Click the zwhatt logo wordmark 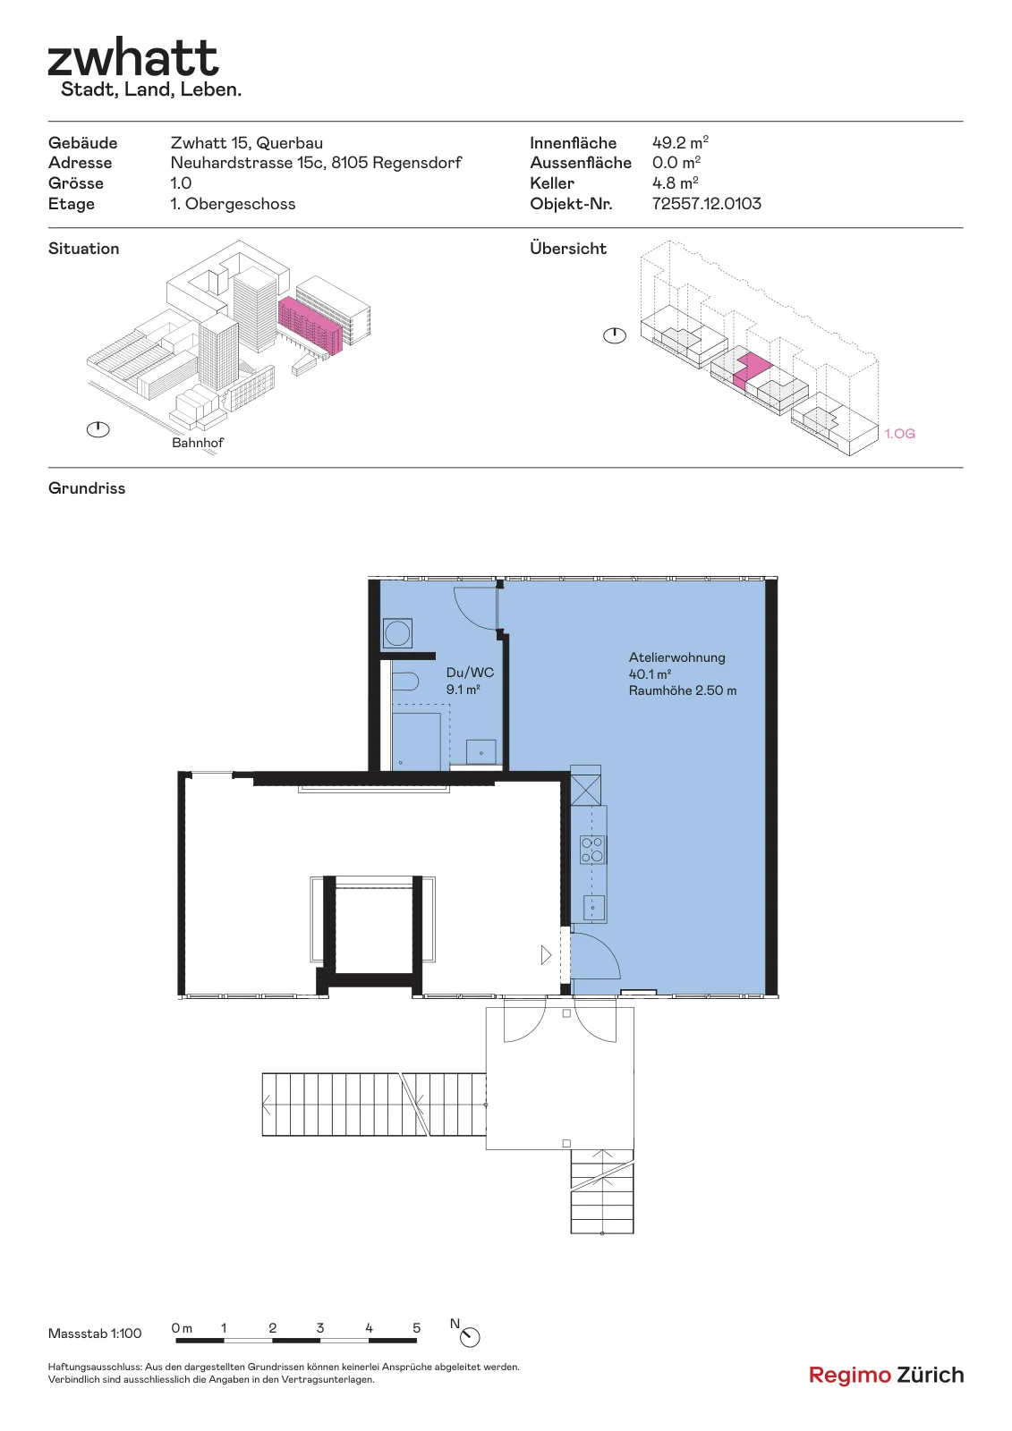pyautogui.click(x=133, y=58)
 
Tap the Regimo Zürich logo pyautogui.click(x=886, y=1375)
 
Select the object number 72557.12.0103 pyautogui.click(x=706, y=204)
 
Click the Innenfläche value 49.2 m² pyautogui.click(x=680, y=142)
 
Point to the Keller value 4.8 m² pyautogui.click(x=675, y=183)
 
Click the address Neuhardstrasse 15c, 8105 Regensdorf pyautogui.click(x=316, y=163)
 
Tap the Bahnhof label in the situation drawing pyautogui.click(x=198, y=443)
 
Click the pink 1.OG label pyautogui.click(x=899, y=434)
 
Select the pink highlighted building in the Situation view pyautogui.click(x=310, y=324)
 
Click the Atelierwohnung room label pyautogui.click(x=677, y=657)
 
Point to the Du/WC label pyautogui.click(x=470, y=672)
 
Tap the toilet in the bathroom pyautogui.click(x=404, y=682)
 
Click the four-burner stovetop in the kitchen pyautogui.click(x=592, y=850)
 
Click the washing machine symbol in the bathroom pyautogui.click(x=397, y=634)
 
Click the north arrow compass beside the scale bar pyautogui.click(x=470, y=1337)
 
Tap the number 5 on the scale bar pyautogui.click(x=416, y=1328)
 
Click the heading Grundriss pyautogui.click(x=87, y=488)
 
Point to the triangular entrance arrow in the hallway pyautogui.click(x=546, y=955)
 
